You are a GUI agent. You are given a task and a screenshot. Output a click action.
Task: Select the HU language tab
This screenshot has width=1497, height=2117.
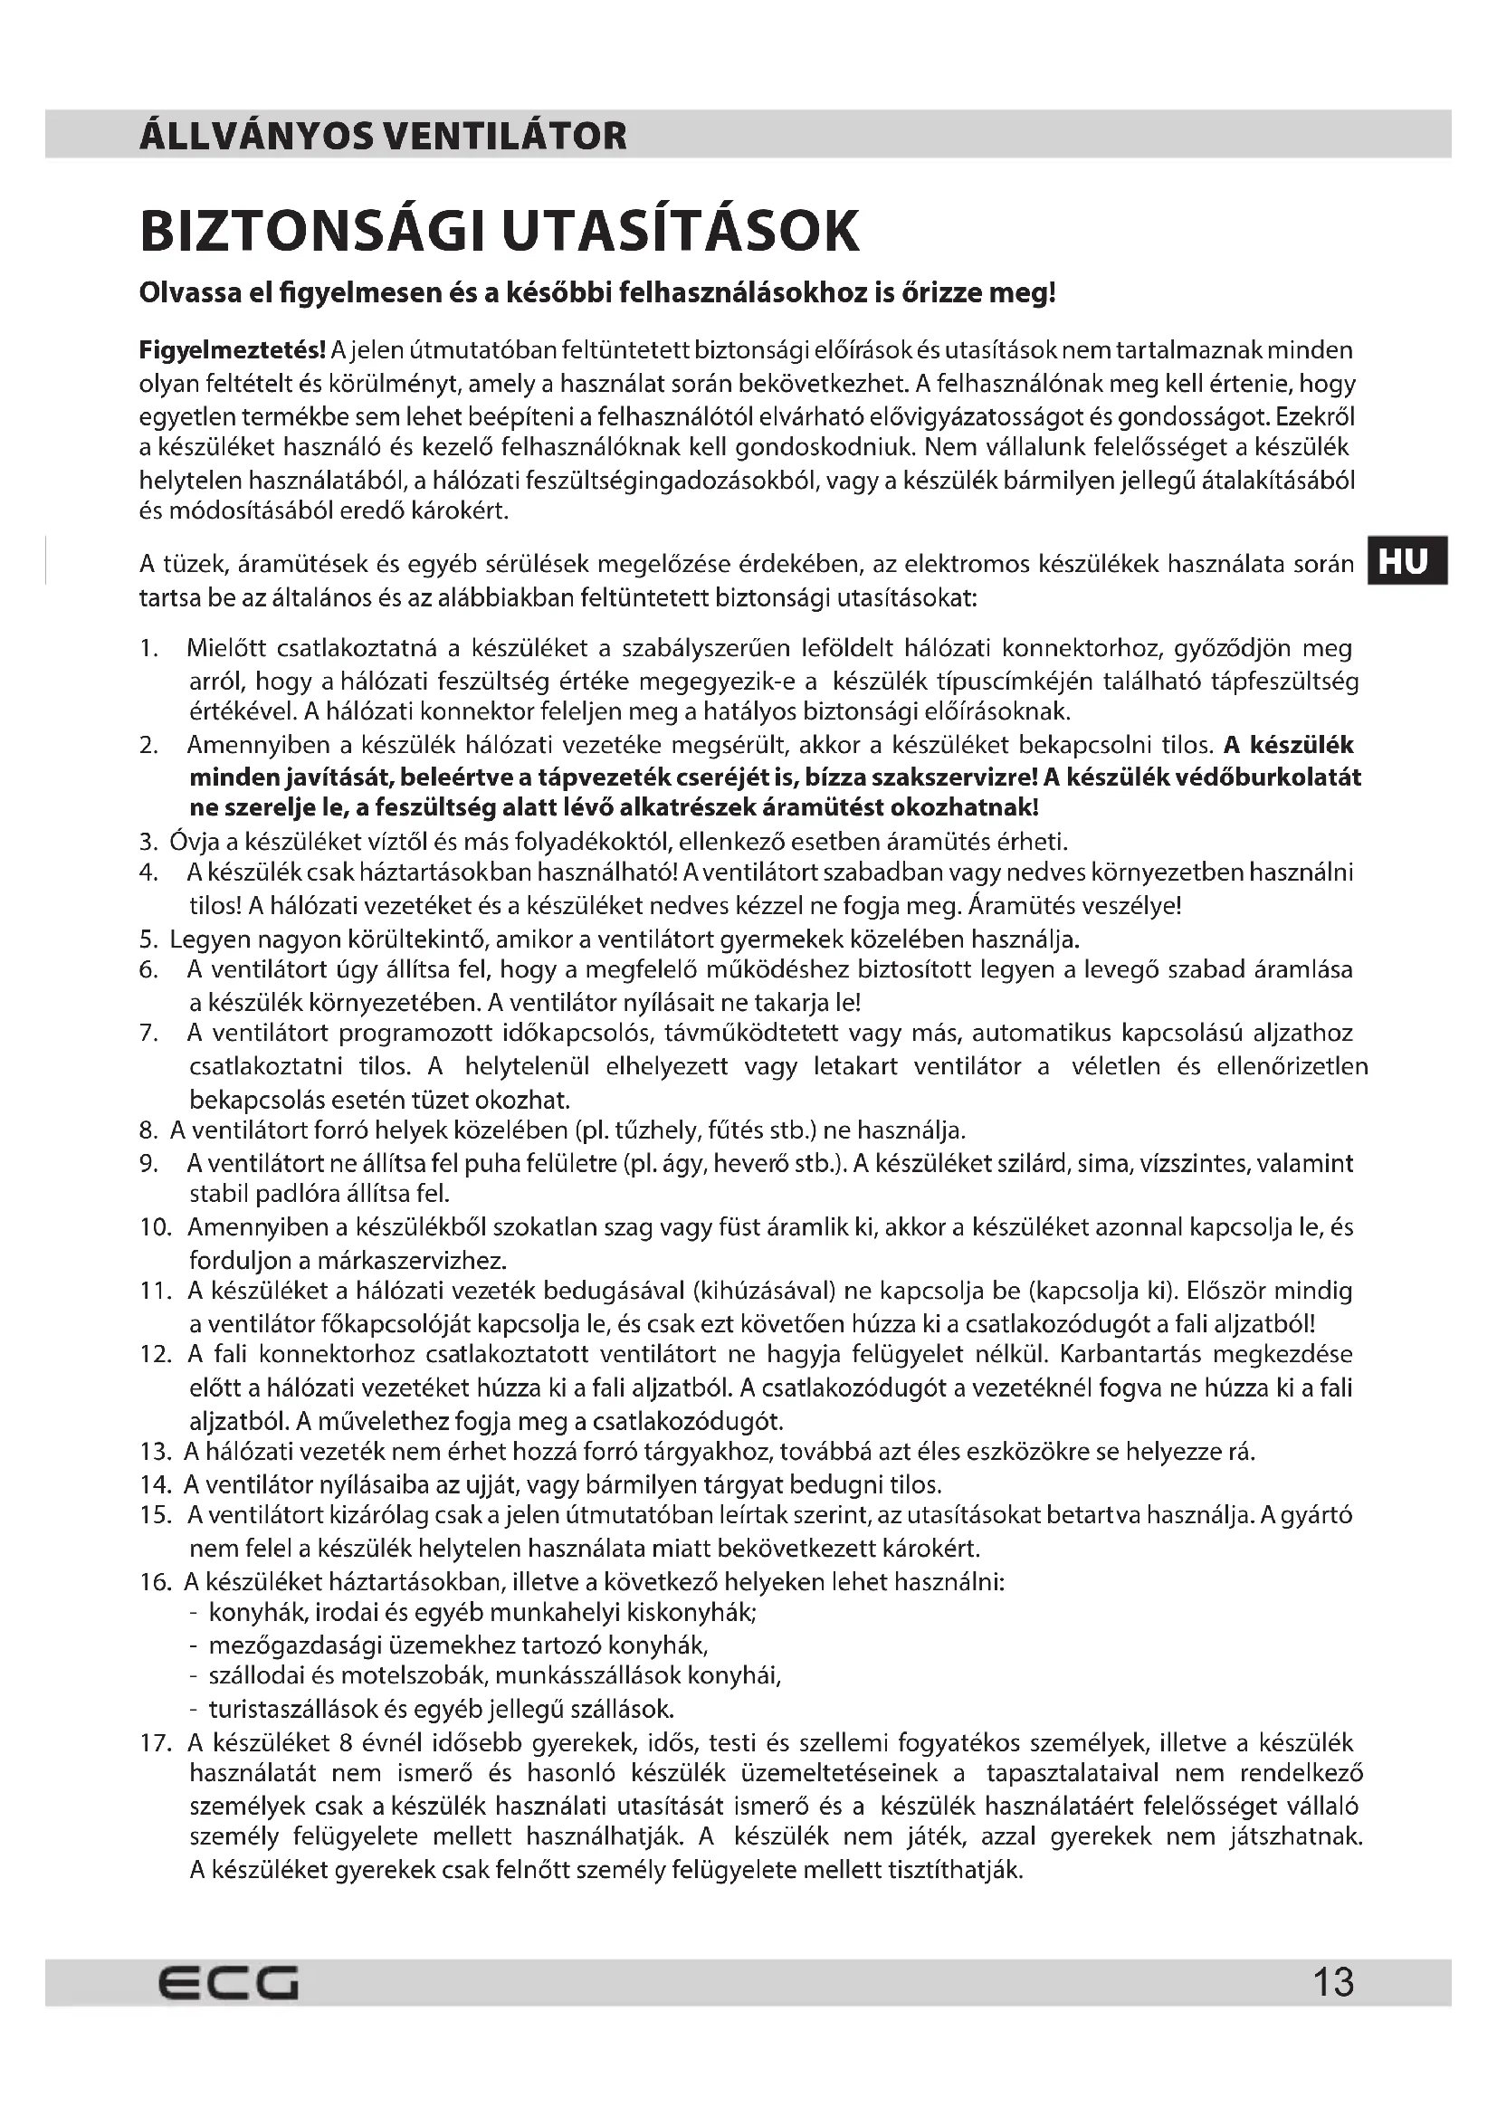1406,560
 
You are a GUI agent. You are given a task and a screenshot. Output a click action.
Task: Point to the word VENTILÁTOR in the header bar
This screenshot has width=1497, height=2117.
504,137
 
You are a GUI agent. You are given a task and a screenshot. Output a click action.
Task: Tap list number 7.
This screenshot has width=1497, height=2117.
149,1033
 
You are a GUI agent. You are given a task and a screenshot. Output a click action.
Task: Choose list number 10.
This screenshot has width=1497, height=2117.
156,1227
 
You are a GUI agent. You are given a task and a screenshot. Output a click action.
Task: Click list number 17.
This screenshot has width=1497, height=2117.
156,1742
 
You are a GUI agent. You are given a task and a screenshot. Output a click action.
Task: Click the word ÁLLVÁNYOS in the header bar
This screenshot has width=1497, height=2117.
255,137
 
